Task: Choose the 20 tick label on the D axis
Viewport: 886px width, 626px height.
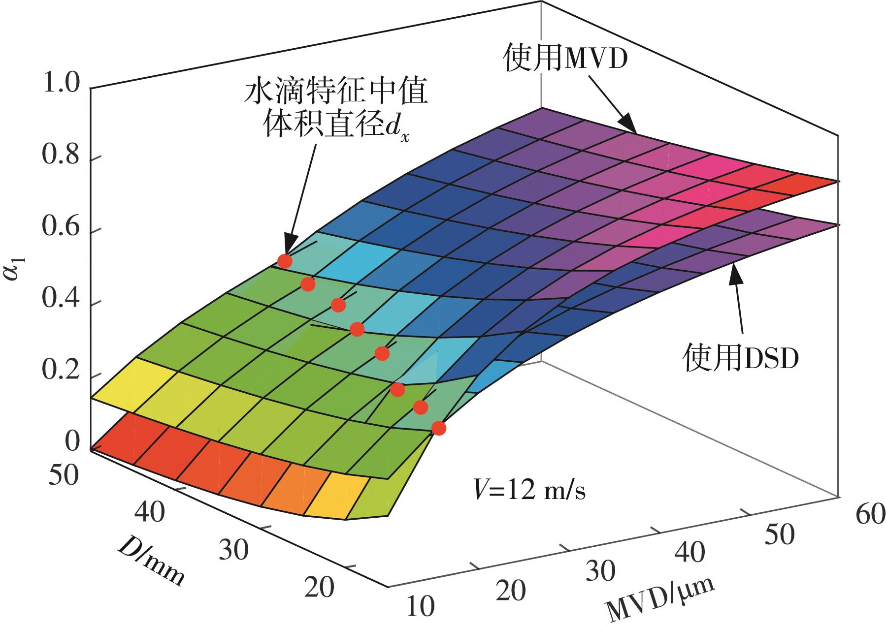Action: point(319,587)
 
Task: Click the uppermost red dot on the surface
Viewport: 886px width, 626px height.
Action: point(285,261)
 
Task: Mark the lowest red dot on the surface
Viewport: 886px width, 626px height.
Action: point(438,428)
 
